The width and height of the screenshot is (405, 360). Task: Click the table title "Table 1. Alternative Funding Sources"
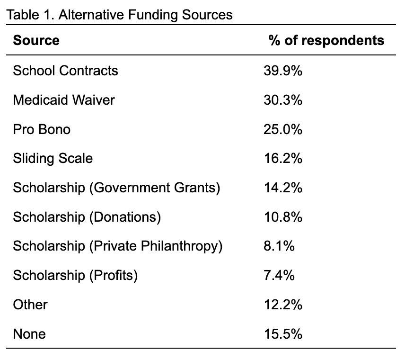pos(119,15)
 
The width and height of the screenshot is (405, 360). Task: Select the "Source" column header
pos(36,40)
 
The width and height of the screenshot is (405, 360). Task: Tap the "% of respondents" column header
pos(326,40)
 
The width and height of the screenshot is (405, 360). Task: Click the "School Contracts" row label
pos(65,71)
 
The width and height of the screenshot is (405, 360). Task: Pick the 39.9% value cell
pos(283,71)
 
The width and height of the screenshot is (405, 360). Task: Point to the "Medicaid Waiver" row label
pos(64,100)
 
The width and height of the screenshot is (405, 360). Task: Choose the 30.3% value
pos(283,100)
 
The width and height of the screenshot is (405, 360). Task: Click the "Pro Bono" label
pos(42,129)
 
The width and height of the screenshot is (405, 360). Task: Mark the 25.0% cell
pos(283,129)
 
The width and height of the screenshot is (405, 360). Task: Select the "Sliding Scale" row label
pos(53,158)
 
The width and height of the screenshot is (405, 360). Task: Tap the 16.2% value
pos(283,158)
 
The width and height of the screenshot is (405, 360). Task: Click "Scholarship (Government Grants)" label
pos(116,188)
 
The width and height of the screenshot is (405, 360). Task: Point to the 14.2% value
pos(283,188)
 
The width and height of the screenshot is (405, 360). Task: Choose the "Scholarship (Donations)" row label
pos(87,217)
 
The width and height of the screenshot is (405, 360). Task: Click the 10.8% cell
pos(283,217)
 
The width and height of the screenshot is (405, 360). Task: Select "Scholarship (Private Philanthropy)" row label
pos(117,246)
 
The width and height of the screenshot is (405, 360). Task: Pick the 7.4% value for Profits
pos(279,275)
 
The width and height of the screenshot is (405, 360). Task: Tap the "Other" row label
pos(30,305)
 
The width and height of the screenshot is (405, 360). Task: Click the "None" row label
pos(29,334)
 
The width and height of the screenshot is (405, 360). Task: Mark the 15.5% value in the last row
pos(283,333)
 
